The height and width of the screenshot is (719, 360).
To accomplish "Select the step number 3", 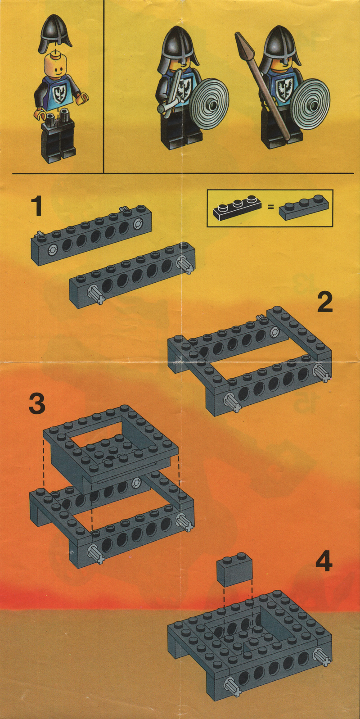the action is [37, 404].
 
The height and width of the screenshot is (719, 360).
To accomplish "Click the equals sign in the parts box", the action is [271, 208].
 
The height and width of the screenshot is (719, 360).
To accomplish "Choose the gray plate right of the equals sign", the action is [304, 208].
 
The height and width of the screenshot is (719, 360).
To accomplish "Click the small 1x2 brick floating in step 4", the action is [234, 570].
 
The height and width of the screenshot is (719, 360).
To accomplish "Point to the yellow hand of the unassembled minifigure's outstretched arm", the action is [84, 97].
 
